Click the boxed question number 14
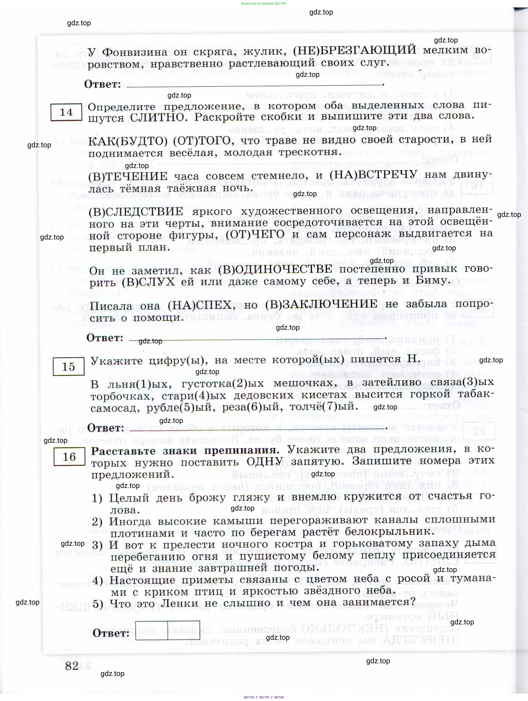point(66,112)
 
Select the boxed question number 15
point(68,367)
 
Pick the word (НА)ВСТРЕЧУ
point(373,175)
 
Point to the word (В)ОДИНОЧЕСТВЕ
point(275,269)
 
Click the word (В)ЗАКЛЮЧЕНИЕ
point(321,304)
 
